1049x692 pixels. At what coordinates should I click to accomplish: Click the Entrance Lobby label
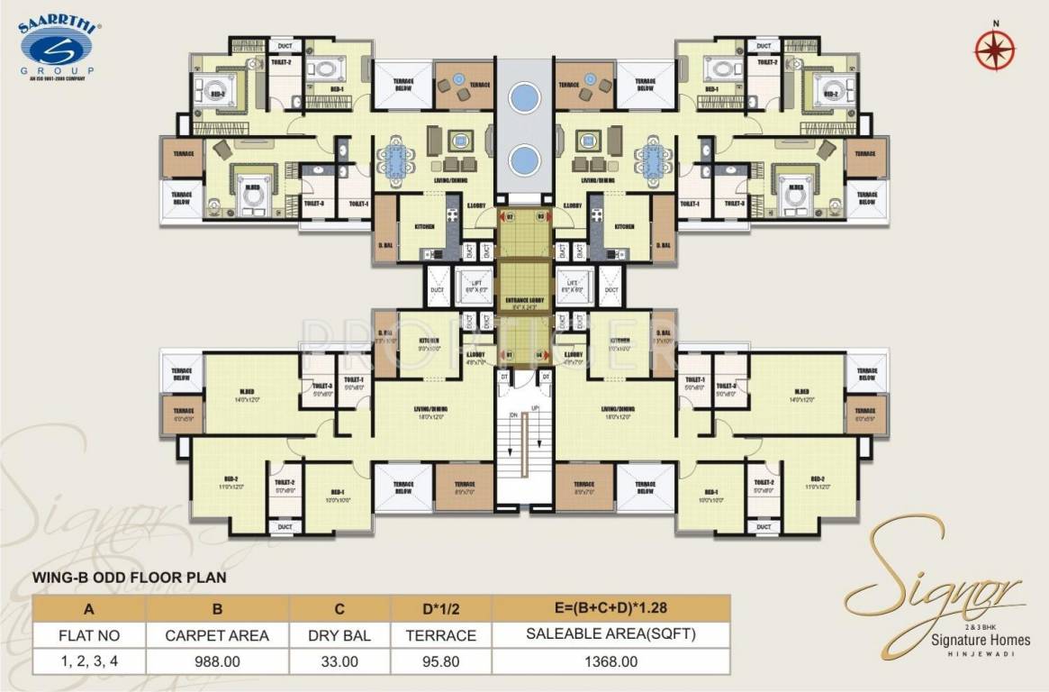click(x=523, y=299)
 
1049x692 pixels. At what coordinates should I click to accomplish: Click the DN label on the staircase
click(x=512, y=415)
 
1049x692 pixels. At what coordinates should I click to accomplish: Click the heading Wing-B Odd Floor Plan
click(x=129, y=577)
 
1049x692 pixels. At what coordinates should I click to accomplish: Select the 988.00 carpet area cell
click(x=216, y=660)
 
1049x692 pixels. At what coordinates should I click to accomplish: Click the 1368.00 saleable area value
click(x=610, y=660)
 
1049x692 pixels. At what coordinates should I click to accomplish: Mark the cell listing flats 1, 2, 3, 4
click(x=89, y=660)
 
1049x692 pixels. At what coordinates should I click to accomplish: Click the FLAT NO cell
click(x=89, y=635)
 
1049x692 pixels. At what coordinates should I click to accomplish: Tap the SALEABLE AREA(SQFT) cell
click(x=610, y=635)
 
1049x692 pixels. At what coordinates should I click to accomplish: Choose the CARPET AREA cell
click(x=216, y=635)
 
